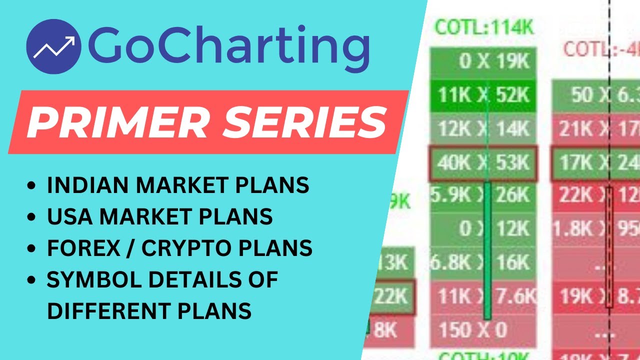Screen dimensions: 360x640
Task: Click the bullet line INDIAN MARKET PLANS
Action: click(177, 185)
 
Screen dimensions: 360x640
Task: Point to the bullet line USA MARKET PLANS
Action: click(159, 216)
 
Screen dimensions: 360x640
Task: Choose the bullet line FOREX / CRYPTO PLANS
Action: click(179, 248)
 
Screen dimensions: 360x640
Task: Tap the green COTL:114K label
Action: click(484, 28)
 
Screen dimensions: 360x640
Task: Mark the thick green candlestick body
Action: click(487, 250)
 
